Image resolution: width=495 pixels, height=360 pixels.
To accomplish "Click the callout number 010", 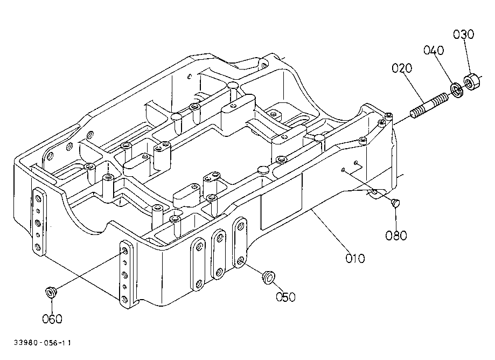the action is click(x=355, y=258).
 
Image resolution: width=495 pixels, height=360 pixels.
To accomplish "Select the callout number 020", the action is click(x=402, y=68).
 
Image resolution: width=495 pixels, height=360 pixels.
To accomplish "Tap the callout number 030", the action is click(x=463, y=34).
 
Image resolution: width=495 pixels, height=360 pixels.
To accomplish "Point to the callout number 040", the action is click(x=434, y=50).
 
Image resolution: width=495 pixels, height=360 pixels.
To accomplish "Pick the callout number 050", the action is click(x=285, y=297).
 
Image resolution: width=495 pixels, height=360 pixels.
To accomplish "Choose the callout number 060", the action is click(x=52, y=319).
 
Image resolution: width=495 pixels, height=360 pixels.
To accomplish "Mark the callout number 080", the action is click(x=396, y=236).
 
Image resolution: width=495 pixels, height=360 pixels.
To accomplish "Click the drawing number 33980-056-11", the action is click(x=43, y=343).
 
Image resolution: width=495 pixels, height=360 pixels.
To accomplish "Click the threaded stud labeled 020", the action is click(x=429, y=105).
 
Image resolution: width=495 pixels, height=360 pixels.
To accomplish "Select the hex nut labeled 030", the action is click(x=472, y=81).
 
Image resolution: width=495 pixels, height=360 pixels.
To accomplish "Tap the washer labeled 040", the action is click(x=456, y=89).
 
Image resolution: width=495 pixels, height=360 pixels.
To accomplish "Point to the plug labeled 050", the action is click(x=269, y=277).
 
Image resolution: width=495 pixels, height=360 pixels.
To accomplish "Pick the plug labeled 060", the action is click(x=51, y=292).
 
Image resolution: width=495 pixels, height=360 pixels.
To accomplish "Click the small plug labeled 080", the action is click(x=395, y=203).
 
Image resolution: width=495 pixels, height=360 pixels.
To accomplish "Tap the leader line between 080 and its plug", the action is click(x=395, y=218).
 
